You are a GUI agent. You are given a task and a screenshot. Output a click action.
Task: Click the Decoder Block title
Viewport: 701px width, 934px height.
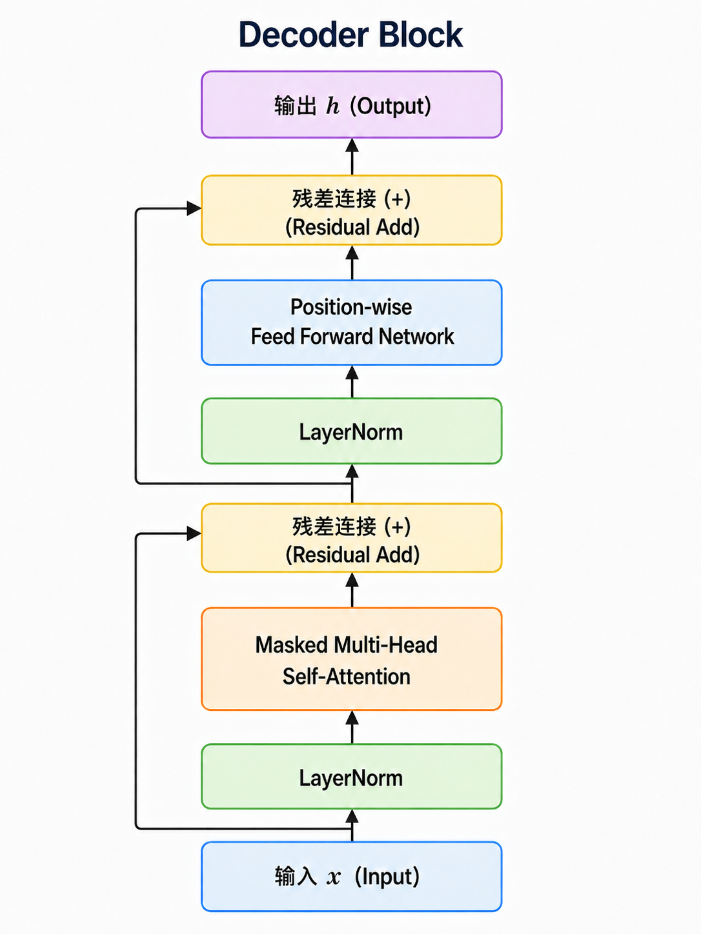[350, 34]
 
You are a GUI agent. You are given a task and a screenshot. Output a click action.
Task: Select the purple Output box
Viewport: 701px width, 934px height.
[352, 104]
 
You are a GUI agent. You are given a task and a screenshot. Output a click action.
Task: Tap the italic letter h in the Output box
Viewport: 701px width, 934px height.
[332, 106]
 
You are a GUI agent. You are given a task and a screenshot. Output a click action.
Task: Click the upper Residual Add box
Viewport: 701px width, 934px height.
[352, 210]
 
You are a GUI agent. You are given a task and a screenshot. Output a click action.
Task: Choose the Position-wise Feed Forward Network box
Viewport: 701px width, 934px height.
[352, 323]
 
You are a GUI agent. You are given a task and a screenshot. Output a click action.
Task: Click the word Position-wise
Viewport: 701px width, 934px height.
[351, 307]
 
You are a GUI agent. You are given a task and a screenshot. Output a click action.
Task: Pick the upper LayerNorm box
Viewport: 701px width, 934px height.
[352, 431]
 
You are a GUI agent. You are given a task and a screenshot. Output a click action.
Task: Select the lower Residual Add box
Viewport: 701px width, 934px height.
[352, 538]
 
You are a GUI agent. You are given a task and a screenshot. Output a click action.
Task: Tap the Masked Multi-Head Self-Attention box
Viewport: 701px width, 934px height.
[352, 659]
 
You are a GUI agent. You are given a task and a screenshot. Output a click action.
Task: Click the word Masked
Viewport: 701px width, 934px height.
[292, 644]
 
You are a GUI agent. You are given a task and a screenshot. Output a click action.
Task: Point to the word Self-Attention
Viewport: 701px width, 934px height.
[347, 676]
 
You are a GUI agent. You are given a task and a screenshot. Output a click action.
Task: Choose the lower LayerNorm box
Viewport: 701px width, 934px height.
[352, 777]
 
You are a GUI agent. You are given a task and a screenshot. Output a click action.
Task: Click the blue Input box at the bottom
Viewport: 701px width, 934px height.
[352, 877]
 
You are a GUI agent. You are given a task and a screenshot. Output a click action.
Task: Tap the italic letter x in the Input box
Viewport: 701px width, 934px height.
[334, 877]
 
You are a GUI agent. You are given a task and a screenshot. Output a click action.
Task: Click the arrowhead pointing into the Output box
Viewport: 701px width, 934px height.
[352, 146]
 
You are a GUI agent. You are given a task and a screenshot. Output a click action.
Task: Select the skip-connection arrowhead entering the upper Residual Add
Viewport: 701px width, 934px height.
[194, 208]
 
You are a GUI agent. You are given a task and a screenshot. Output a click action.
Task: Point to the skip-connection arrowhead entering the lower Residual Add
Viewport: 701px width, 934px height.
[194, 533]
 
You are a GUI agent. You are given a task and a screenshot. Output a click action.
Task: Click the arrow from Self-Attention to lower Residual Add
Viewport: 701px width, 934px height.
[352, 590]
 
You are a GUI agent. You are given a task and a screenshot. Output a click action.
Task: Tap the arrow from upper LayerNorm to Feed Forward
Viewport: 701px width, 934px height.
[352, 382]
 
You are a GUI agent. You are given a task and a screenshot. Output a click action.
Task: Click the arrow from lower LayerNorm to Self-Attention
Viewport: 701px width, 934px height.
[352, 727]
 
